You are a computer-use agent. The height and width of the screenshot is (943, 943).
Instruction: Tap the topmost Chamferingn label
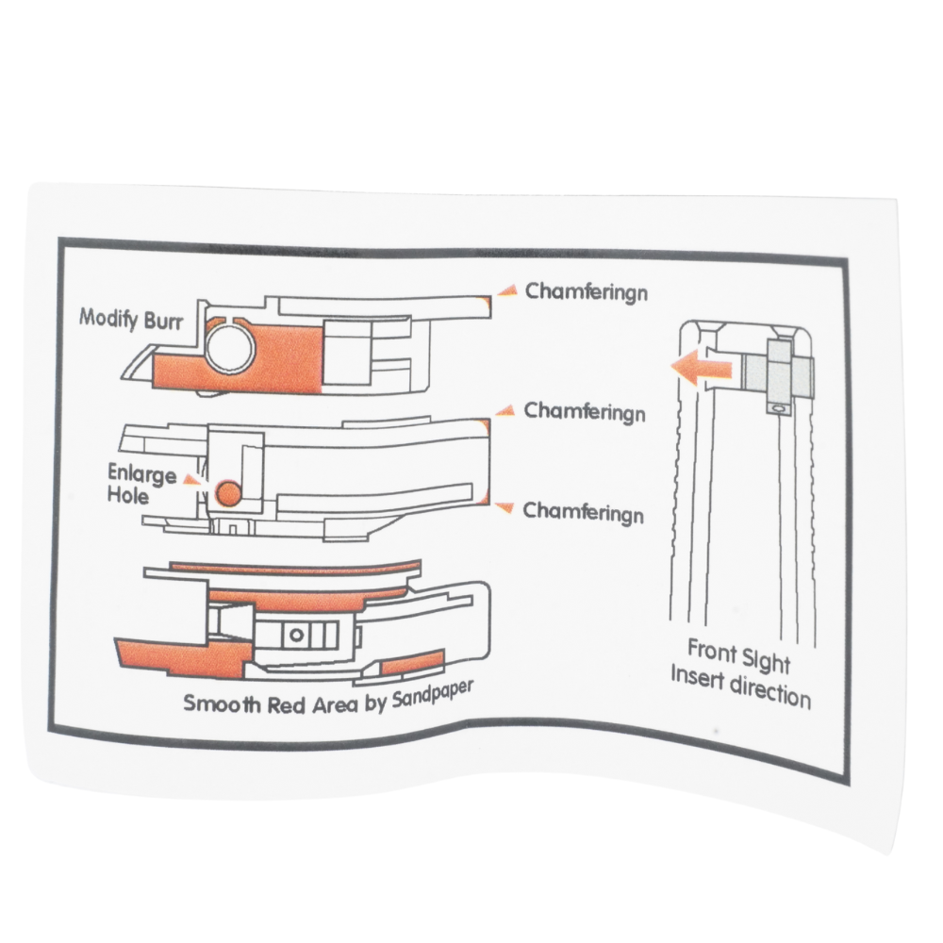pyautogui.click(x=587, y=290)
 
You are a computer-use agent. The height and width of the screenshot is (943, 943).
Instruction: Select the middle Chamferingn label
pyautogui.click(x=585, y=412)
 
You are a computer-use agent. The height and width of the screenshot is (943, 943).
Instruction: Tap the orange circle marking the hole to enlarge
pyautogui.click(x=227, y=491)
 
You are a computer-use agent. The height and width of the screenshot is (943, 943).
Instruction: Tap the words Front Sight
pyautogui.click(x=738, y=653)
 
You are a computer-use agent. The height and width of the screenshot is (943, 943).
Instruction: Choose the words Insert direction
pyautogui.click(x=740, y=686)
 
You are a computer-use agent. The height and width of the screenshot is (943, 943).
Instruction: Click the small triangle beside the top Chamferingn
pyautogui.click(x=508, y=290)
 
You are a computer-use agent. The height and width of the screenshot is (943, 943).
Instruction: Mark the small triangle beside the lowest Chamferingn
pyautogui.click(x=506, y=509)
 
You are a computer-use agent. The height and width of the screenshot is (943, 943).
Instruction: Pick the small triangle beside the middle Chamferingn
pyautogui.click(x=506, y=410)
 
